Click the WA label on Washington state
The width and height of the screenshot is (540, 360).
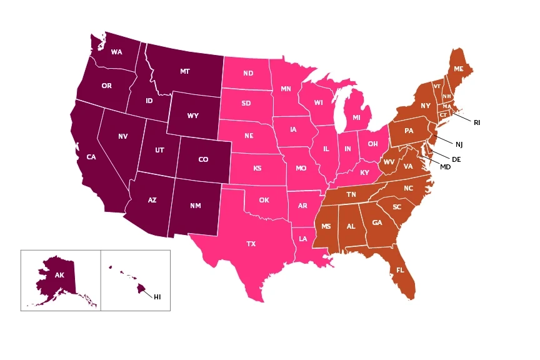[116, 52]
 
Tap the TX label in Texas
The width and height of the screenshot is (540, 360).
[251, 243]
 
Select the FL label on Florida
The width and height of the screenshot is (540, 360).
[399, 271]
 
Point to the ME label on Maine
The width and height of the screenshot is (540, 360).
[459, 68]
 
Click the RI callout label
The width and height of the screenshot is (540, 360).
[477, 122]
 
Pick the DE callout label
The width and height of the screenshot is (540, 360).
[456, 159]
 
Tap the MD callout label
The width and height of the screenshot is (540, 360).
[445, 167]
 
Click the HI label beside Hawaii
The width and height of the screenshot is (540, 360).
[157, 297]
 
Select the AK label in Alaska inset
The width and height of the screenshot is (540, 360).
[59, 275]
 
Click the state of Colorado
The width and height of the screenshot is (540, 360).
[203, 159]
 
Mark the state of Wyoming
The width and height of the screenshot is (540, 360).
[193, 116]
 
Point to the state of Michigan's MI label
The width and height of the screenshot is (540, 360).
[356, 117]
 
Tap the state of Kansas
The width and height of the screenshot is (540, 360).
[257, 169]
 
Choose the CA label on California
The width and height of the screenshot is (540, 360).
[91, 157]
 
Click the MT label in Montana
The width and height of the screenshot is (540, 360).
[184, 72]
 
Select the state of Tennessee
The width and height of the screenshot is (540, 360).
[351, 194]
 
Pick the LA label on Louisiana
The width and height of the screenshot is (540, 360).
[302, 239]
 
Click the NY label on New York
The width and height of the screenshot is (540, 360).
[426, 106]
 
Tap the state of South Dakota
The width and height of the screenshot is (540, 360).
[246, 103]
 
